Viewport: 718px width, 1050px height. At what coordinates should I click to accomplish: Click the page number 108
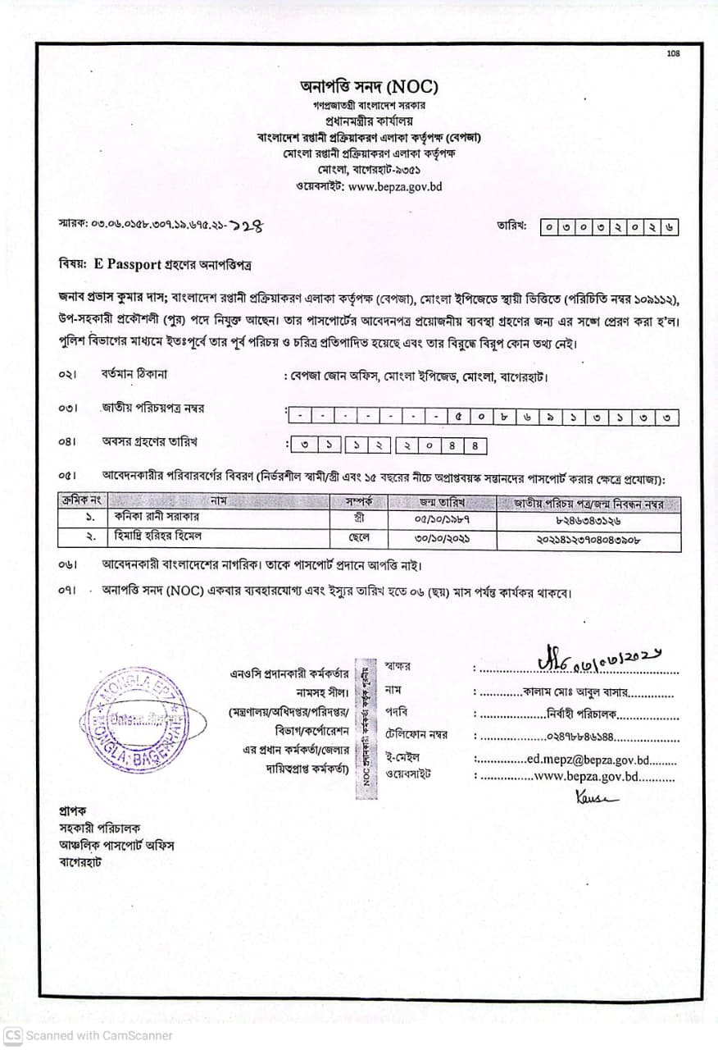[673, 54]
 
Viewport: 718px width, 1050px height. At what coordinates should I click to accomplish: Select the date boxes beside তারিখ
[609, 227]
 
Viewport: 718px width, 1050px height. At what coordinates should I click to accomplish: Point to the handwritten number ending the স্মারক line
[250, 224]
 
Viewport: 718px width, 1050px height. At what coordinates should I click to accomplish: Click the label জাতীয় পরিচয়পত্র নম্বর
[152, 408]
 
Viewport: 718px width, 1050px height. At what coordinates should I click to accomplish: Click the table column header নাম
[218, 501]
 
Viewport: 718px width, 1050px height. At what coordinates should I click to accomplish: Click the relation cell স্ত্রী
[358, 518]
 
